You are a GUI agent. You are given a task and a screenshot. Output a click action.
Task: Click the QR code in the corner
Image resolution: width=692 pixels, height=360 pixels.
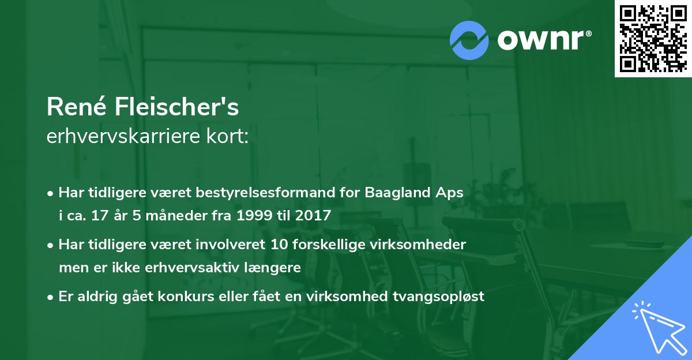coord(653,39)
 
